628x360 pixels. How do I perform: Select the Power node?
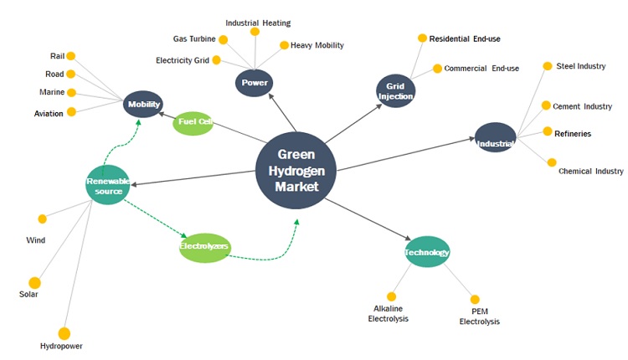[x=255, y=84]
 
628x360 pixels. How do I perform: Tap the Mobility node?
[x=144, y=105]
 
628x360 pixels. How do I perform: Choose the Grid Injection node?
[x=396, y=90]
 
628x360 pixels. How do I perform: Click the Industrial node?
[x=496, y=137]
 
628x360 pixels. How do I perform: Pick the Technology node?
[x=427, y=252]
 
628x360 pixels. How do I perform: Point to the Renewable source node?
[x=108, y=185]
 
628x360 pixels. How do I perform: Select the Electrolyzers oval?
[x=205, y=247]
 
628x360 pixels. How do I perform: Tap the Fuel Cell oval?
[x=193, y=124]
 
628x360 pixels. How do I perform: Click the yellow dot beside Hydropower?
[x=64, y=333]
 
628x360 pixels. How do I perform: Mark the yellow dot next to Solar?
[x=34, y=283]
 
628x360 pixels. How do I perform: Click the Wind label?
[x=35, y=239]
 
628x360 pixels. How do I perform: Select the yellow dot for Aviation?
[x=71, y=111]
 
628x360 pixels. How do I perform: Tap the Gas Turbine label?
[x=194, y=39]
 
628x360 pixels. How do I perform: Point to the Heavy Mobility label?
[x=317, y=45]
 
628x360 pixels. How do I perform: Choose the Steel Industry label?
[x=580, y=66]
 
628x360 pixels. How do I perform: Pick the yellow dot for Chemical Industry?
[x=551, y=162]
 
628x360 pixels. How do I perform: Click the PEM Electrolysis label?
[x=480, y=316]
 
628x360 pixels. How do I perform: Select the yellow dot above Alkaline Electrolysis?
[x=391, y=296]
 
